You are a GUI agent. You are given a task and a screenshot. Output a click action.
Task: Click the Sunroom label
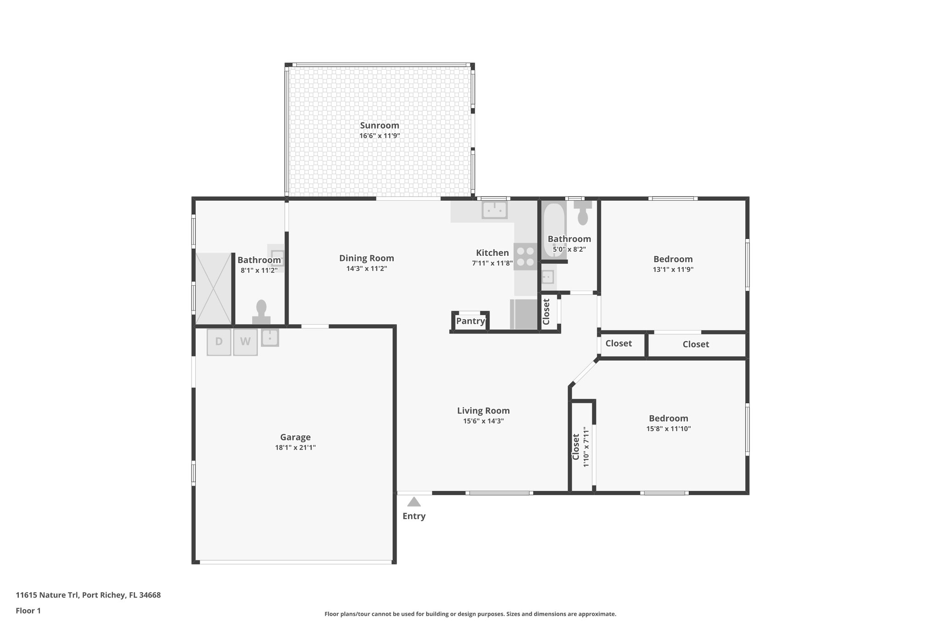[x=379, y=125]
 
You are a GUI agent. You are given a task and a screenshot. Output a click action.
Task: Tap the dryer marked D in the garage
[x=219, y=342]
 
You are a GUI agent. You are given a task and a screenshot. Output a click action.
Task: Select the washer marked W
[x=245, y=342]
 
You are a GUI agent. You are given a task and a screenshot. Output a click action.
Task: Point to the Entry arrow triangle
[x=414, y=502]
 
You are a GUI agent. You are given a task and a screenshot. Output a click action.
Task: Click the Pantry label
[x=470, y=321]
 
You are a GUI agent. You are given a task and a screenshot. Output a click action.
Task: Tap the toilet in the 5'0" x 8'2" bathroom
[x=583, y=213]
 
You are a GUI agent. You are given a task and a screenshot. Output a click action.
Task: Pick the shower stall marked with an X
[x=213, y=288]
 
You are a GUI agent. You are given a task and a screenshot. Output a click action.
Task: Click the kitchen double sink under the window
[x=494, y=210]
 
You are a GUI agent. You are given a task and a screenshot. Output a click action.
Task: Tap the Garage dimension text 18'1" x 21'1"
[x=295, y=448]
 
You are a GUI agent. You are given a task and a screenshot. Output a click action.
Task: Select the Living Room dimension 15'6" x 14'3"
[x=483, y=421]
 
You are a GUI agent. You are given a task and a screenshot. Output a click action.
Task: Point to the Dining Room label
[x=366, y=258]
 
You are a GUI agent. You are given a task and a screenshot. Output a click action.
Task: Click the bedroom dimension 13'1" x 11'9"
[x=673, y=270]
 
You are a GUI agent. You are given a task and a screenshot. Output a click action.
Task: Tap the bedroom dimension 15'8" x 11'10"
[x=668, y=429]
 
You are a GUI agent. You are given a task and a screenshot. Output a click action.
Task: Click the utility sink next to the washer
[x=270, y=338]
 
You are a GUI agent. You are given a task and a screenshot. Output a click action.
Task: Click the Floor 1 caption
[x=28, y=611]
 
